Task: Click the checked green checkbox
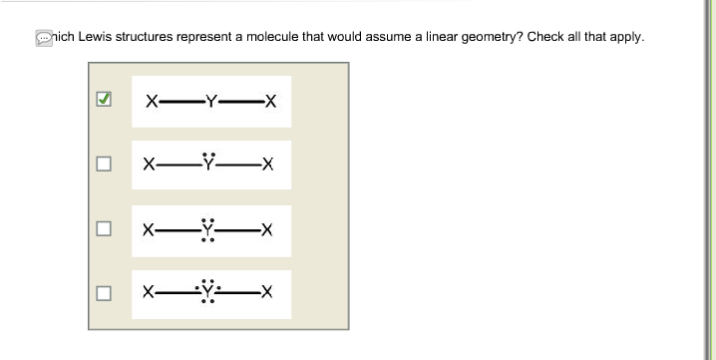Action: [x=102, y=101]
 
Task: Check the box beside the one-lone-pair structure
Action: [x=102, y=165]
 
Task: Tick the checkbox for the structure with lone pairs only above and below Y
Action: [x=102, y=229]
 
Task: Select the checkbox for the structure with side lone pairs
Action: [x=102, y=293]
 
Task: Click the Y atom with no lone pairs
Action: [x=209, y=101]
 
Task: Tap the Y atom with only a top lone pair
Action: [x=208, y=165]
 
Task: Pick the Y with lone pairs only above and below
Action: [x=207, y=230]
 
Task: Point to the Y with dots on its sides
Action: [x=207, y=293]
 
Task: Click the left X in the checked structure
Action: [x=150, y=101]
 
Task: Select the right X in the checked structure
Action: [x=269, y=101]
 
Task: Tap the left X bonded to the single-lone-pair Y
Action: [x=149, y=165]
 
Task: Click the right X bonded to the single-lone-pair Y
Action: [x=266, y=165]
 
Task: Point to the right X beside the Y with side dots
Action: [x=266, y=293]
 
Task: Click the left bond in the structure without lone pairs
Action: [x=179, y=101]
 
